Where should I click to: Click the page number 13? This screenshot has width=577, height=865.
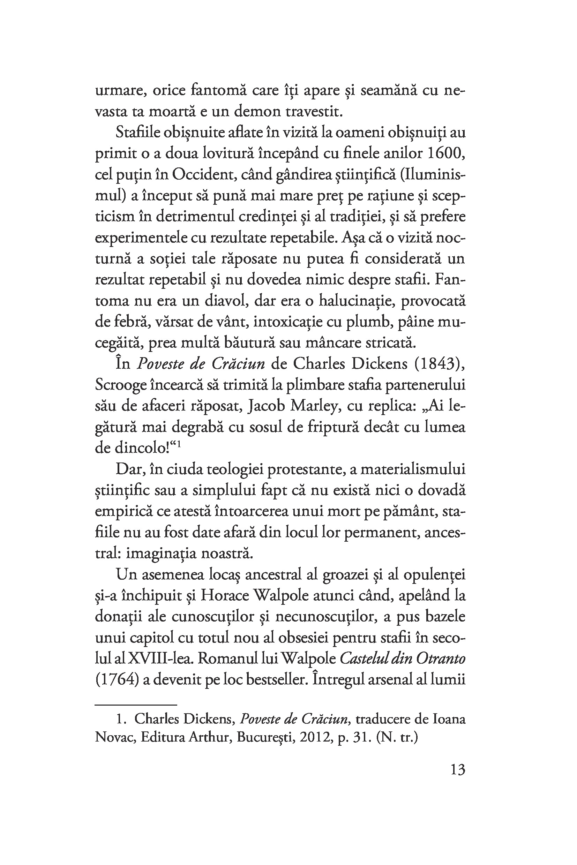click(458, 770)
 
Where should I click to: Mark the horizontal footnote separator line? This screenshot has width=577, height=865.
click(136, 705)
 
